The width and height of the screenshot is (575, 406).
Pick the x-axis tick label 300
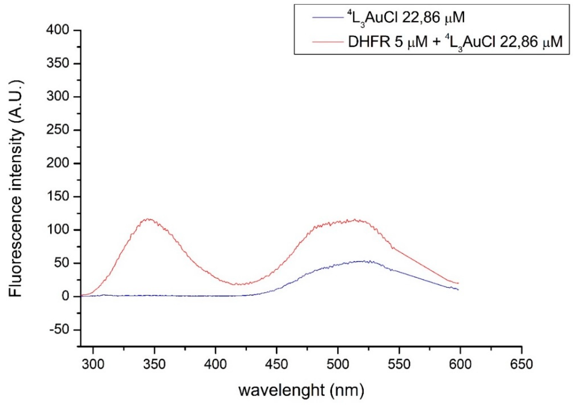click(x=93, y=364)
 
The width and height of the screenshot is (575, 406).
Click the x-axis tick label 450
click(x=276, y=364)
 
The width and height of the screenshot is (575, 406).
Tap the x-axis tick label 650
click(x=521, y=364)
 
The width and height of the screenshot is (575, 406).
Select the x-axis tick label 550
click(x=399, y=364)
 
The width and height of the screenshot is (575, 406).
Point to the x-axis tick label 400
click(x=215, y=364)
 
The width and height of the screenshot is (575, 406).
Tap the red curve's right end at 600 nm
click(x=458, y=283)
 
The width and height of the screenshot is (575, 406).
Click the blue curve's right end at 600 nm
click(x=458, y=290)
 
